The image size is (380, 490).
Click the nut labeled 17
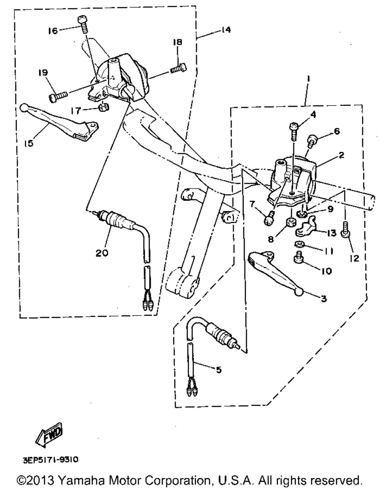tap(102, 107)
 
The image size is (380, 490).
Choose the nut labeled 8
tap(291, 221)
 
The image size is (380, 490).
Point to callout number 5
tap(218, 369)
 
